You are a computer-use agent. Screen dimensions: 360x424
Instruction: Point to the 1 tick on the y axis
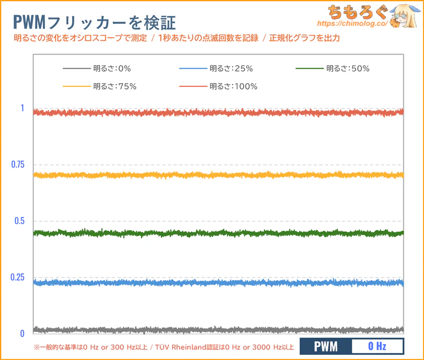tap(22, 108)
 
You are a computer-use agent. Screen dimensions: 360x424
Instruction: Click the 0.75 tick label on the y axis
tap(18, 165)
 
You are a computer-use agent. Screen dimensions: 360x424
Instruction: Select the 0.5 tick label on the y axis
tap(20, 221)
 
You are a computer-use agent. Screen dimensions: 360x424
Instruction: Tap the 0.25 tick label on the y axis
tap(18, 277)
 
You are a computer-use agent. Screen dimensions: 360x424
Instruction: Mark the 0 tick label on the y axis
tap(22, 334)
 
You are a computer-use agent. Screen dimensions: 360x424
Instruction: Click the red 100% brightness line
tap(217, 112)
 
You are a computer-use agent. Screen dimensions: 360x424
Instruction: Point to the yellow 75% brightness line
tap(217, 175)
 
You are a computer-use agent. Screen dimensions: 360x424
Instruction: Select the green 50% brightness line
tap(217, 233)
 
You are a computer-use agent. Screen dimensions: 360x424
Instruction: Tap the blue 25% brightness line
tap(217, 283)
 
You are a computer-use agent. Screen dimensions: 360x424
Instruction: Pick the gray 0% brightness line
tap(217, 329)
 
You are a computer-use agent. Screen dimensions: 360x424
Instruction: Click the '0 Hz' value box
tap(377, 347)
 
